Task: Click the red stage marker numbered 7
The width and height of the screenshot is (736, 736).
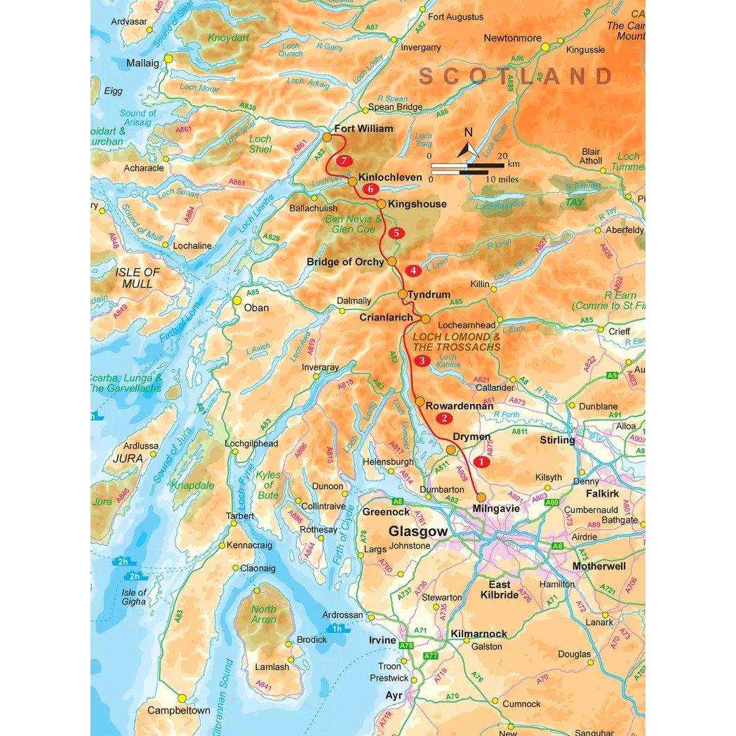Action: point(343,161)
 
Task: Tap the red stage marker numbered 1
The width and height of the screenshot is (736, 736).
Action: point(481,462)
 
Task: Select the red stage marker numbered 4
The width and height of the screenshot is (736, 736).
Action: point(414,270)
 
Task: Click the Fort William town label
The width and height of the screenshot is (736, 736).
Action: point(363,129)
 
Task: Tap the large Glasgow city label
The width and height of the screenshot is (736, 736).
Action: point(417,531)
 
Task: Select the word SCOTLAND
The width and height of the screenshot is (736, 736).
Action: point(516,76)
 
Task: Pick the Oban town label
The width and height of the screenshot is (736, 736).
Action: point(255,307)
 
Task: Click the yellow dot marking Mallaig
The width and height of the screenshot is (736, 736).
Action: point(168,59)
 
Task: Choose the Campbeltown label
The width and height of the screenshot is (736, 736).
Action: point(178,710)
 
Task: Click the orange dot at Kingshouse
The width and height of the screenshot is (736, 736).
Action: point(380,204)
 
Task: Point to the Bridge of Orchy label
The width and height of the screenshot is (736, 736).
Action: point(345,262)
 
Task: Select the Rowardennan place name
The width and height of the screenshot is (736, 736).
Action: point(459,406)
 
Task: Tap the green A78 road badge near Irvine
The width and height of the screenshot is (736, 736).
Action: point(406,645)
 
